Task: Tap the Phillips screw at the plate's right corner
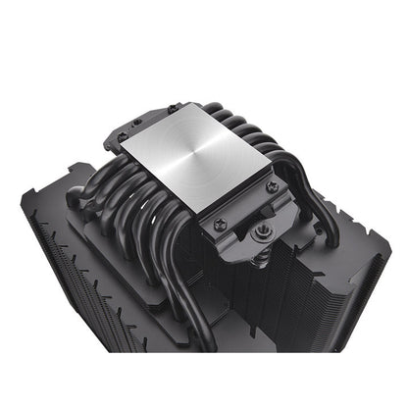pyautogui.click(x=271, y=185)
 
